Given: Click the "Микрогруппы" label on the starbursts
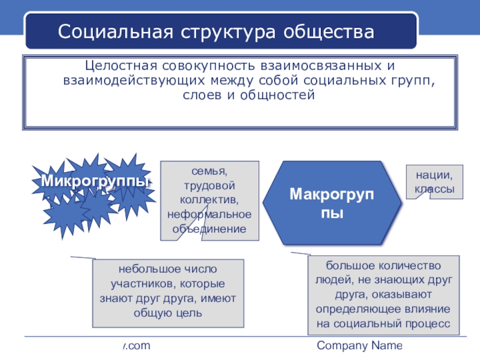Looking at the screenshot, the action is (95, 181).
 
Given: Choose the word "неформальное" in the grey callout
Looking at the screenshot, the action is (209, 214).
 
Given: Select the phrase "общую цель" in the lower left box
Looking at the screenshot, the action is (169, 313).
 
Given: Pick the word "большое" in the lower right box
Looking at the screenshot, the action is (350, 265).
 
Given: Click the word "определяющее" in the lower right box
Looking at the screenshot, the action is (361, 309).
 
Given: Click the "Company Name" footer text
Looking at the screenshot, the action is (359, 346).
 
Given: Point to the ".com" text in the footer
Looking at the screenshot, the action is (137, 346).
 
